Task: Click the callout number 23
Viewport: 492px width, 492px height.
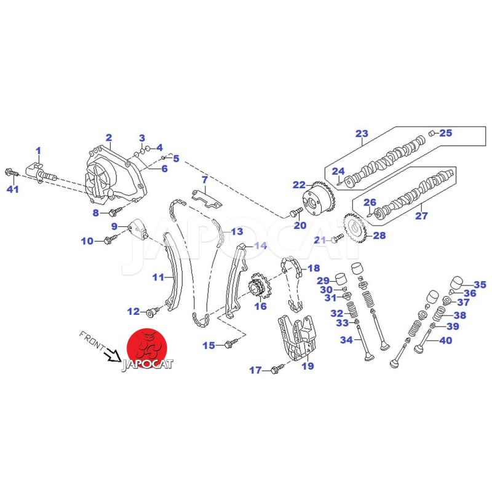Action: (362, 133)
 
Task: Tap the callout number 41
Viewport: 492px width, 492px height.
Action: (13, 189)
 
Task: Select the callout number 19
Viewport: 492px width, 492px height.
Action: (307, 367)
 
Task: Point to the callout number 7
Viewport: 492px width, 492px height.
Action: (205, 180)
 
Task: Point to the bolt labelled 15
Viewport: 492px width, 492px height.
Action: (232, 344)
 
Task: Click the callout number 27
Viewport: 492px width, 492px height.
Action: (421, 216)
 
